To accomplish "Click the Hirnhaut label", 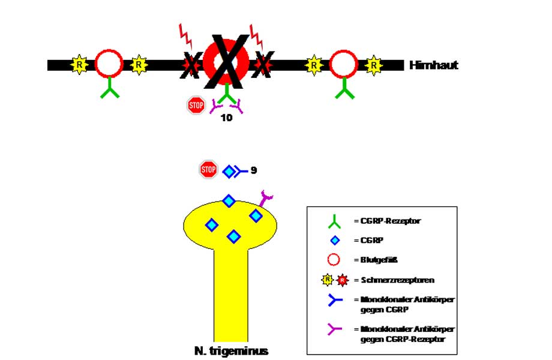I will tap(433, 65).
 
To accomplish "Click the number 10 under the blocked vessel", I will tap(226, 118).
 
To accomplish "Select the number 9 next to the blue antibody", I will tap(254, 170).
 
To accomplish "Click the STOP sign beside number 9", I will tap(208, 170).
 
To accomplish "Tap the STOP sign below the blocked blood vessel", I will tap(196, 106).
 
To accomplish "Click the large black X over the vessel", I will tap(226, 62).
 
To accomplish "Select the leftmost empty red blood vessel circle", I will tap(109, 64).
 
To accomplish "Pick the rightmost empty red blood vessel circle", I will tap(344, 64).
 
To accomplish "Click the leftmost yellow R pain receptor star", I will tap(79, 64).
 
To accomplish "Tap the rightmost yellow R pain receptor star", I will tap(374, 64).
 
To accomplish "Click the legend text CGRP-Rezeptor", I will tap(387, 221).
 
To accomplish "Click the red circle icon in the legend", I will tap(334, 260).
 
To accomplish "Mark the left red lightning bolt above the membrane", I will tap(187, 35).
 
